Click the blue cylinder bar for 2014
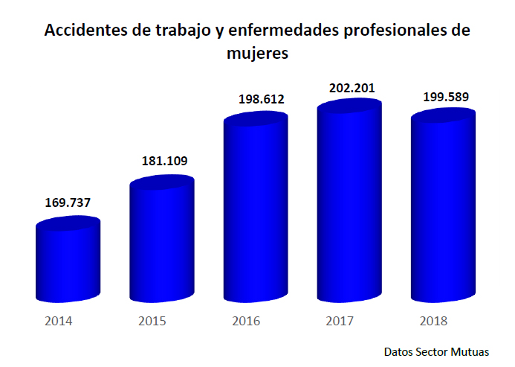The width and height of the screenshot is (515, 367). [x=67, y=262]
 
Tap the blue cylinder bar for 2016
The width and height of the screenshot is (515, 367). [x=255, y=210]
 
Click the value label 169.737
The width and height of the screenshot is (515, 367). [x=68, y=202]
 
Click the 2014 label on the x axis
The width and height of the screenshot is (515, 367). [x=58, y=322]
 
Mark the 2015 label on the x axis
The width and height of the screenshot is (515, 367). [x=152, y=322]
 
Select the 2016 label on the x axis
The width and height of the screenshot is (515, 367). [x=246, y=322]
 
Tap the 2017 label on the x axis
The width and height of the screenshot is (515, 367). [x=340, y=322]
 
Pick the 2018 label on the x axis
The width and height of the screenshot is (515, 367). [x=434, y=322]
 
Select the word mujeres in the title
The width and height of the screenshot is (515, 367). [x=256, y=54]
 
